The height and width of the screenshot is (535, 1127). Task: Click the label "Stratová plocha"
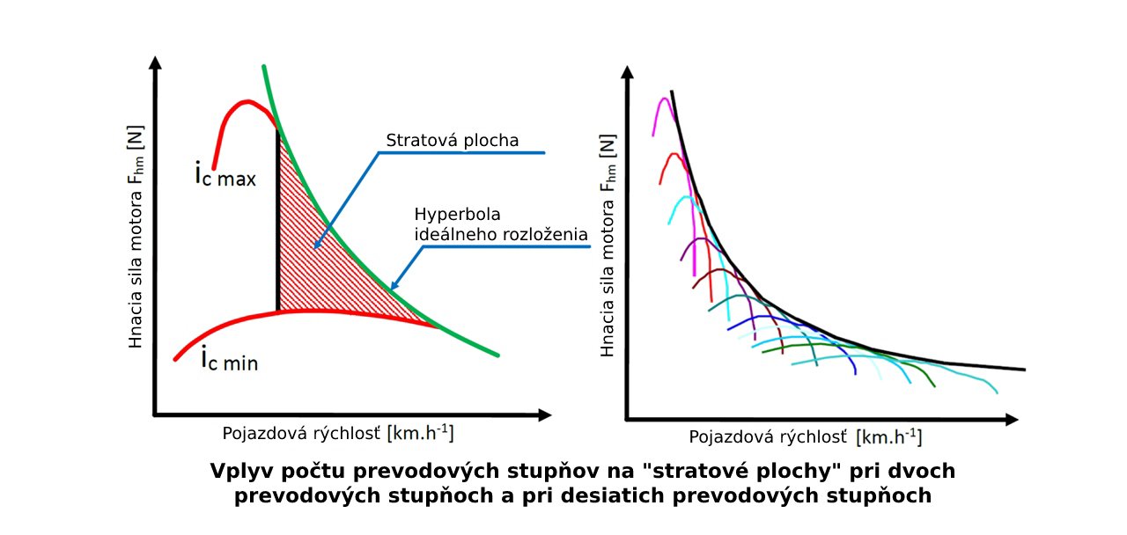[453, 141]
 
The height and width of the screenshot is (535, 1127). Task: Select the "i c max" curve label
[225, 175]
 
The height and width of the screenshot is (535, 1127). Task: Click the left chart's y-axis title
[136, 236]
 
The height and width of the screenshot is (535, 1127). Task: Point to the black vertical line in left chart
[278, 220]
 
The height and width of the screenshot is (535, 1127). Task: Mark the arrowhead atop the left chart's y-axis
[156, 62]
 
